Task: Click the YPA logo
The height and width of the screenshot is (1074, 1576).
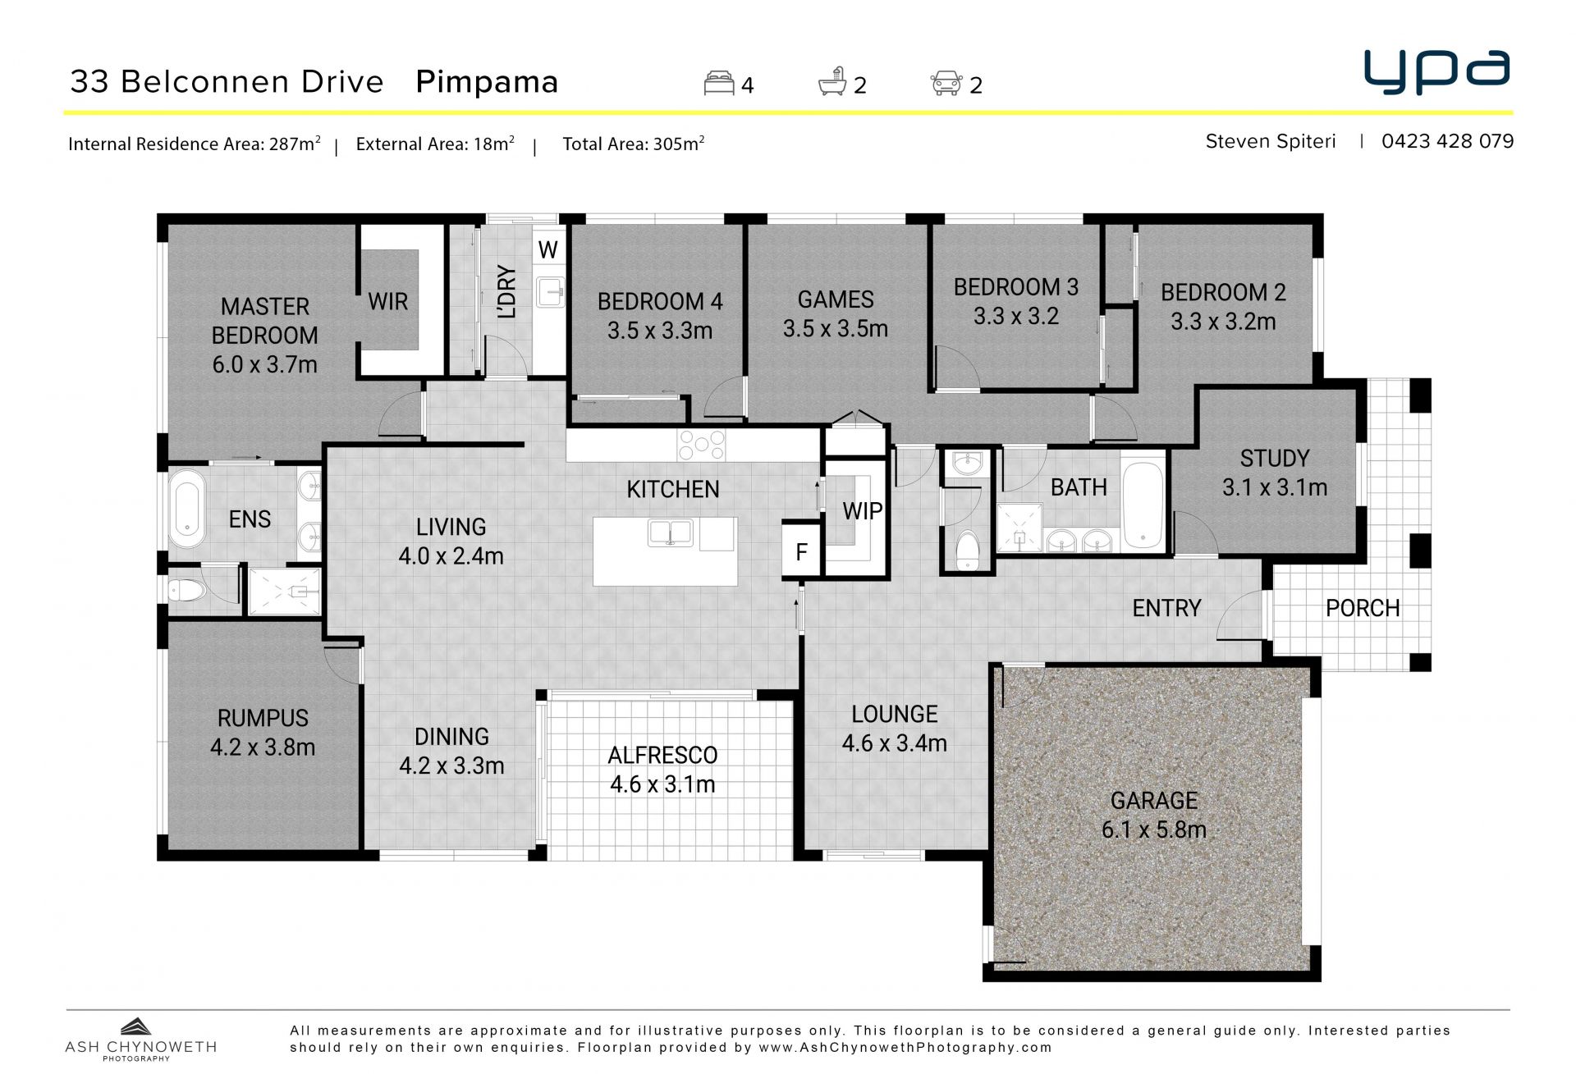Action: tap(1436, 72)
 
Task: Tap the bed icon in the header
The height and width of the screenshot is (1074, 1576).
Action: tap(719, 84)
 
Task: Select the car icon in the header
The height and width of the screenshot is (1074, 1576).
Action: tap(946, 84)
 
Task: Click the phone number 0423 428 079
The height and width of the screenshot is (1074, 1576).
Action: tap(1447, 141)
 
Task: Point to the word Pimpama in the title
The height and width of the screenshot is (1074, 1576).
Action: tap(487, 82)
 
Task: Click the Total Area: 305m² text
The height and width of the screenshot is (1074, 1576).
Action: tap(633, 144)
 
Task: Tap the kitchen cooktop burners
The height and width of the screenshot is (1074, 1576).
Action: tap(702, 446)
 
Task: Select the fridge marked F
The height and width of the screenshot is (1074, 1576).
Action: tap(801, 551)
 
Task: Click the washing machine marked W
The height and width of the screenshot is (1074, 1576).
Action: tap(548, 249)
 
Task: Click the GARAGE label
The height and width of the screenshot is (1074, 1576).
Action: tap(1154, 800)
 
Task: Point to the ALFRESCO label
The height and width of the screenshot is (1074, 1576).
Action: tap(662, 755)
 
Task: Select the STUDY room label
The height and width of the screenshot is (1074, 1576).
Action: tap(1275, 458)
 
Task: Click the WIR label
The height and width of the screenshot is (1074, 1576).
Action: tap(388, 302)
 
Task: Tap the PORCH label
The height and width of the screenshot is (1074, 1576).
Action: tap(1363, 608)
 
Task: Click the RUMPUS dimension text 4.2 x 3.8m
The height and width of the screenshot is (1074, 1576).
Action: tap(263, 747)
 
